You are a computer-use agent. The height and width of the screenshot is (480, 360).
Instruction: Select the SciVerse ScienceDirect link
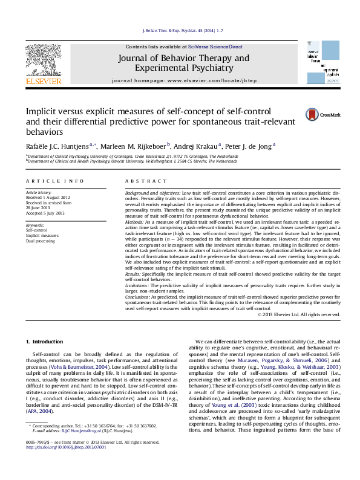[x=215, y=47]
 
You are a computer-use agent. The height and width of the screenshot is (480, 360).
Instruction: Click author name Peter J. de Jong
[x=249, y=145]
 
